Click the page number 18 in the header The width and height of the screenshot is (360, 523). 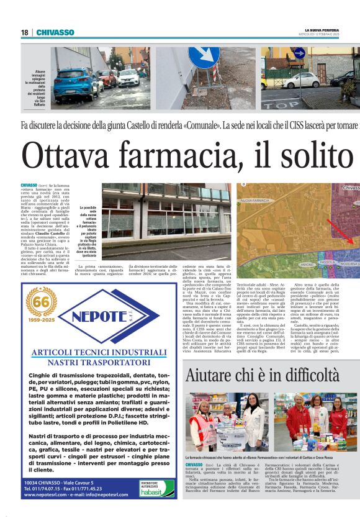click(24, 32)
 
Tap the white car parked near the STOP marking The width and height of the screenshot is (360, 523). click(302, 80)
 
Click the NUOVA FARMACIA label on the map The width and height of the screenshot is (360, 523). click(255, 201)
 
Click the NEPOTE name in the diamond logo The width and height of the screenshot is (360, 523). click(109, 316)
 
